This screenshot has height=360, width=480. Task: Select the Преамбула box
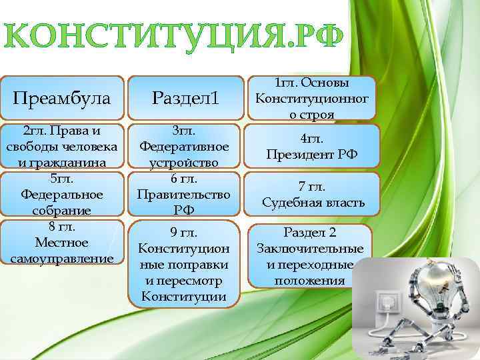click(62, 99)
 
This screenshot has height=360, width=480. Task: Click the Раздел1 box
click(185, 99)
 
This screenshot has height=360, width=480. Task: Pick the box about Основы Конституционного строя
click(311, 99)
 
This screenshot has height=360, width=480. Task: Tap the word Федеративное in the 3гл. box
click(184, 146)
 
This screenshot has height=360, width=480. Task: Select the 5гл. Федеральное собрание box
click(62, 195)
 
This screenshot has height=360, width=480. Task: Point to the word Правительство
click(184, 195)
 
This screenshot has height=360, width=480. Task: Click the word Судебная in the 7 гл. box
click(287, 202)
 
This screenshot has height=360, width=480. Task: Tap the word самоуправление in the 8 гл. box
click(62, 257)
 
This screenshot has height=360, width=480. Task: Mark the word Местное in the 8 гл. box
click(62, 242)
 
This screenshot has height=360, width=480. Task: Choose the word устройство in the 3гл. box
click(184, 162)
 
